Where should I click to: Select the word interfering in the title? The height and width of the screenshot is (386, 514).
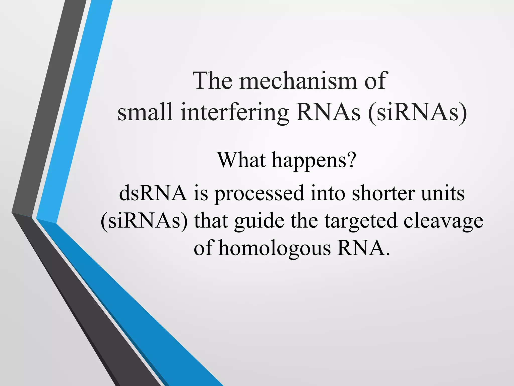coord(234,112)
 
